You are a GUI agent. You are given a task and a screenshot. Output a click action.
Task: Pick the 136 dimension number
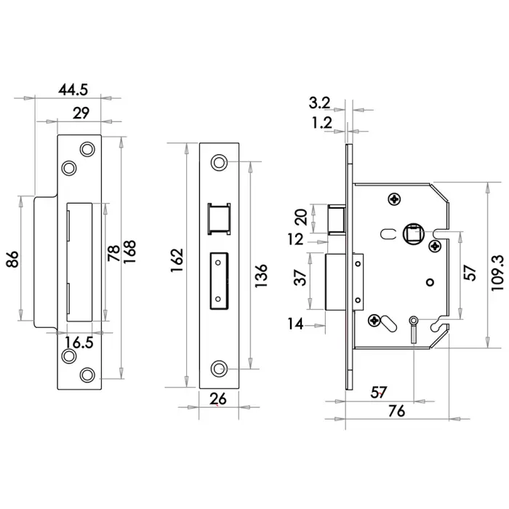point(262,276)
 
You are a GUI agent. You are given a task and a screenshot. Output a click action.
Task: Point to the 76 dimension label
point(396,411)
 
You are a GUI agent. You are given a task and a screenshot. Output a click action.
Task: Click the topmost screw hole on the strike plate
point(88,149)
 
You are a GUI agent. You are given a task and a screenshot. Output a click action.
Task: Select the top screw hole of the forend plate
point(217,162)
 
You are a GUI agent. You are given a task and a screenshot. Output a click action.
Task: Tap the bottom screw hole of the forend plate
point(217,369)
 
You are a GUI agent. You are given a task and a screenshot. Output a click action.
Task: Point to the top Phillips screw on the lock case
point(395,198)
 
